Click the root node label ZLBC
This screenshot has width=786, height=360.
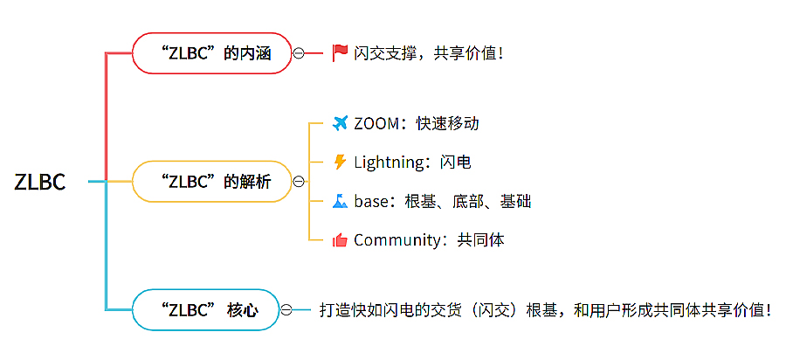[40, 182]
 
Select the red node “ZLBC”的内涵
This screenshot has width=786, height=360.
[210, 53]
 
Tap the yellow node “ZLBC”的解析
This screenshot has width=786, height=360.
[210, 182]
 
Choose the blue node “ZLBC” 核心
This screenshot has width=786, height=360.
[205, 310]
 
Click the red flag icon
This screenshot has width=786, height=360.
[340, 53]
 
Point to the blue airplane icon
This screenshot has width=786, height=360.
[340, 123]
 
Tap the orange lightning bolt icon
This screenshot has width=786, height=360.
[340, 162]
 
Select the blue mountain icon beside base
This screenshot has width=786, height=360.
[340, 201]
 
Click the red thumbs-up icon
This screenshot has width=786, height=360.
[340, 239]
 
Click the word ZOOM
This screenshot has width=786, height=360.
[375, 123]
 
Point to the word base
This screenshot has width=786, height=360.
[370, 201]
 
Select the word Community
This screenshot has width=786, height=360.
[397, 239]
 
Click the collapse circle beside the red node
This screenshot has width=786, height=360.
[298, 53]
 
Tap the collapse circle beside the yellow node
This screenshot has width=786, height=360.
[299, 182]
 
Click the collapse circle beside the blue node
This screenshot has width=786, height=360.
[286, 310]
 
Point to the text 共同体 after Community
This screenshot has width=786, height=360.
[481, 239]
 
